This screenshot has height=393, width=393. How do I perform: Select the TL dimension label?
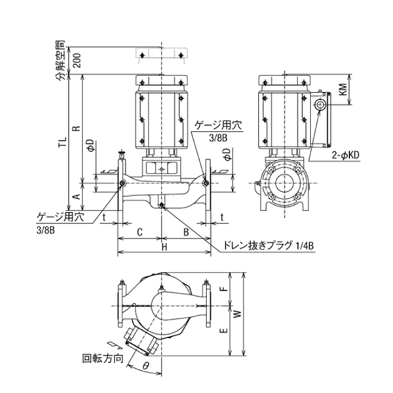tap(62, 141)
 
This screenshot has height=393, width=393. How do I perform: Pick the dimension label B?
tap(186, 232)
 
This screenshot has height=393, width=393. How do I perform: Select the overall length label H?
tap(164, 247)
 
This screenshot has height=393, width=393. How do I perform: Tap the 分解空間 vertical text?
tap(60, 63)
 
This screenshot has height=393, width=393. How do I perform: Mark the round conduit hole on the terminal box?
tap(320, 105)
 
